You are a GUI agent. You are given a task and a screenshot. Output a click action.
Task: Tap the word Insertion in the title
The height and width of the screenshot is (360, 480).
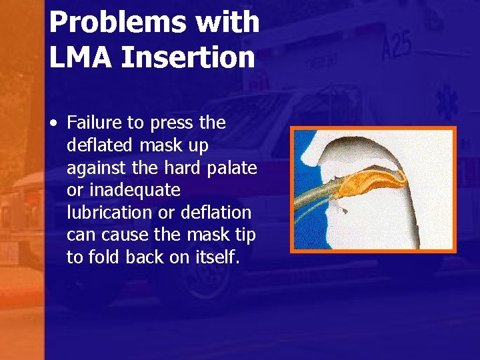tap(189, 58)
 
